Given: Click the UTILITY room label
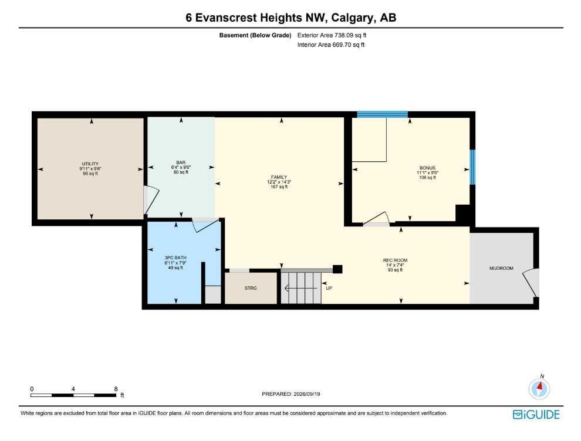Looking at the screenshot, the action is (x=90, y=164).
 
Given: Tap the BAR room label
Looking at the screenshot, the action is (x=181, y=162).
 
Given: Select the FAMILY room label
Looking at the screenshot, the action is (x=279, y=177).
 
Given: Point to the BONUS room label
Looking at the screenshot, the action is (x=427, y=168).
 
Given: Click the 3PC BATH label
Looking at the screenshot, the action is (x=175, y=257).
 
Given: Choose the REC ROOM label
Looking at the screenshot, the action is (x=396, y=260).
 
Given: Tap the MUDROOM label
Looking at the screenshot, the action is (x=501, y=268).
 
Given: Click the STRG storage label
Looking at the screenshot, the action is (x=251, y=288).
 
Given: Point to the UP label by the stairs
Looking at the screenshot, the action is (x=329, y=288).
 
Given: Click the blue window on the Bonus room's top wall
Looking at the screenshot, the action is (x=383, y=114).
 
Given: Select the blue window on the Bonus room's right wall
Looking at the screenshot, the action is (x=472, y=167).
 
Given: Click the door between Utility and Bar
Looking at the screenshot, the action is (x=151, y=200).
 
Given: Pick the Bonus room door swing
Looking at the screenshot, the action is (x=376, y=219).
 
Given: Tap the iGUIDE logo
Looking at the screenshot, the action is (x=536, y=415).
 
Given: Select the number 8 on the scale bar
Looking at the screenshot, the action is (x=116, y=389).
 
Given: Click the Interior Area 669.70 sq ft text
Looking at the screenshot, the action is (x=331, y=45).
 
